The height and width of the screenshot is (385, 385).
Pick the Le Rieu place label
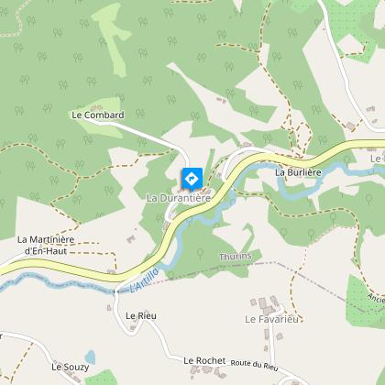141,315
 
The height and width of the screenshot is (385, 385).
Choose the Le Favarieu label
272,319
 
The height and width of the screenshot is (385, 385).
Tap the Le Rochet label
203,361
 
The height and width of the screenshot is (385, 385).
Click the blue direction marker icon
192,178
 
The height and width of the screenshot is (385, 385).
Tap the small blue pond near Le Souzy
89,357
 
